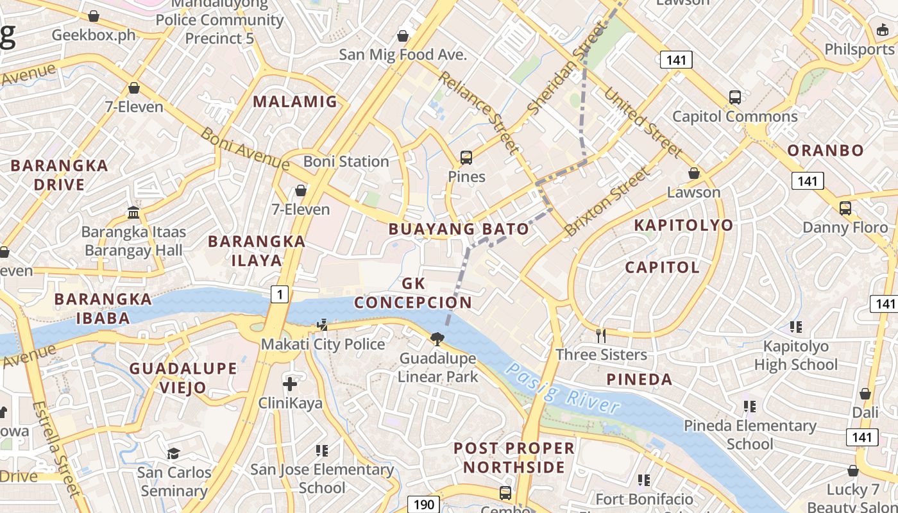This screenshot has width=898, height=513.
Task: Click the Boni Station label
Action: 346,161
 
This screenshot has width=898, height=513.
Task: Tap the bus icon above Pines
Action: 466,157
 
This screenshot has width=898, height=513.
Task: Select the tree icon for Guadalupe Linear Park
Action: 437,339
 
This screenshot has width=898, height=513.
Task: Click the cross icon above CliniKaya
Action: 290,384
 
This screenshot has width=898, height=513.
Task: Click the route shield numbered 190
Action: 423,504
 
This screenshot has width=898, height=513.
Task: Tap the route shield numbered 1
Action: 280,294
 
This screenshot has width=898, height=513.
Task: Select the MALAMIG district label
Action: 295,101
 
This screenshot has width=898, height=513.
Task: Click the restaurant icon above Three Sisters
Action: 601,335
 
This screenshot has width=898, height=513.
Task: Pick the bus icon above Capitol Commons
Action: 735,97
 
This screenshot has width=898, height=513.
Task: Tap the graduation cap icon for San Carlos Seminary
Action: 173,453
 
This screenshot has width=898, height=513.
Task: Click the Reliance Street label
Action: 479,113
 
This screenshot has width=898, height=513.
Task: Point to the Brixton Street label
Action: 607,201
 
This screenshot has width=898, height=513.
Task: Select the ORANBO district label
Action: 826,150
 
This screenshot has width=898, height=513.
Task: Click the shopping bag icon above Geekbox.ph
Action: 94,15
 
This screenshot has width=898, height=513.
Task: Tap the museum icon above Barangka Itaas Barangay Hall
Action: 133,212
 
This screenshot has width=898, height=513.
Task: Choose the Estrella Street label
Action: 57,449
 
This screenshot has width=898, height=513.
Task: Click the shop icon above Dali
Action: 865,394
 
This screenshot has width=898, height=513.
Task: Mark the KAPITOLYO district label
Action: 683,225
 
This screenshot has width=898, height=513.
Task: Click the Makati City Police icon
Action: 323,325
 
